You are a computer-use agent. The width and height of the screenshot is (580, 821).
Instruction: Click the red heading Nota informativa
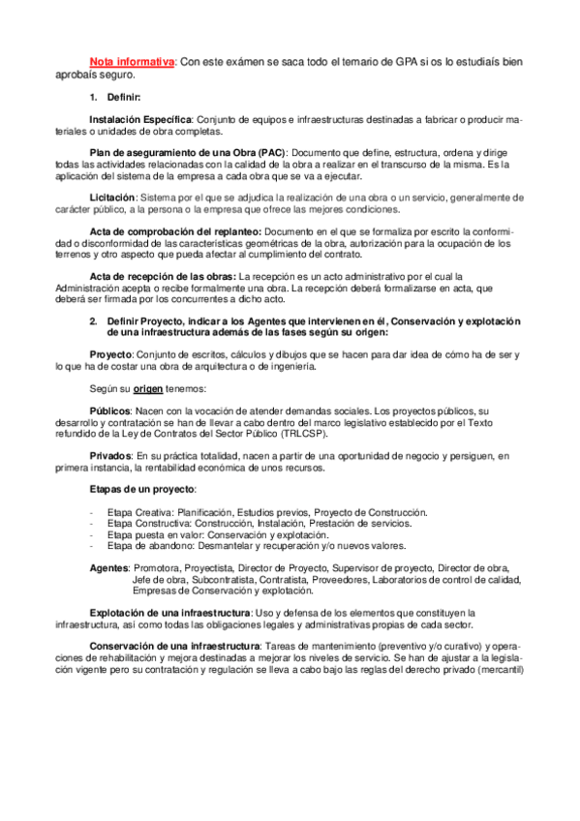[132, 62]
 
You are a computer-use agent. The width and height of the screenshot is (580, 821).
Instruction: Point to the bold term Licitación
[114, 197]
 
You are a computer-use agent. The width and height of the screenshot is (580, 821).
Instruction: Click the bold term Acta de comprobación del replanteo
[174, 232]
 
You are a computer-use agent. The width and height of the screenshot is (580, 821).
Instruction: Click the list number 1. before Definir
[94, 97]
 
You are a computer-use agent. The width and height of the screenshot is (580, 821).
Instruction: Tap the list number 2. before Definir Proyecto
[94, 319]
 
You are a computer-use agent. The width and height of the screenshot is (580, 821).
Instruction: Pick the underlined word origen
[148, 389]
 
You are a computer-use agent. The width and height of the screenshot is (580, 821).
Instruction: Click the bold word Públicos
[111, 410]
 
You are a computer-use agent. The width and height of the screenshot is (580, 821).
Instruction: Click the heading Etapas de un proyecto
[141, 489]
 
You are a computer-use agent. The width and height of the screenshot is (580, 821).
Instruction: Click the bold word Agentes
[108, 567]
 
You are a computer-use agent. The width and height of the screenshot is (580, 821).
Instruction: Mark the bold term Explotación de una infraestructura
[169, 613]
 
